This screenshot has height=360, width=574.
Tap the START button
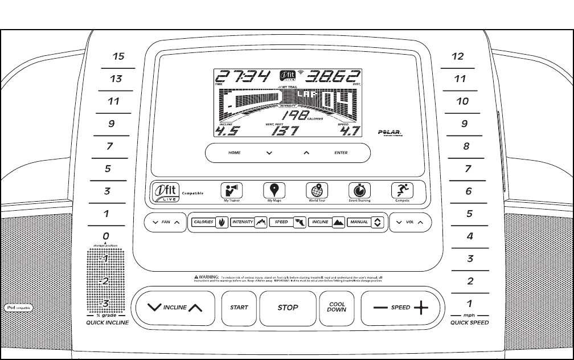(239, 307)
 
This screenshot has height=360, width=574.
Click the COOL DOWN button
(337, 307)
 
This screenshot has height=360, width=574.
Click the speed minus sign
(380, 308)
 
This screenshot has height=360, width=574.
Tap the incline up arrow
(195, 308)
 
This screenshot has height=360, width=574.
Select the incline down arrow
(154, 308)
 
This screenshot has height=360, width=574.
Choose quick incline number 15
(118, 57)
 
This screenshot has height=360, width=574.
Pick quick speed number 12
(457, 57)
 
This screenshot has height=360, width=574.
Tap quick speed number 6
(468, 191)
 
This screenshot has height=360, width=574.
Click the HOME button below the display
(234, 153)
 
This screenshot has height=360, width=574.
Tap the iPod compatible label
(18, 308)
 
